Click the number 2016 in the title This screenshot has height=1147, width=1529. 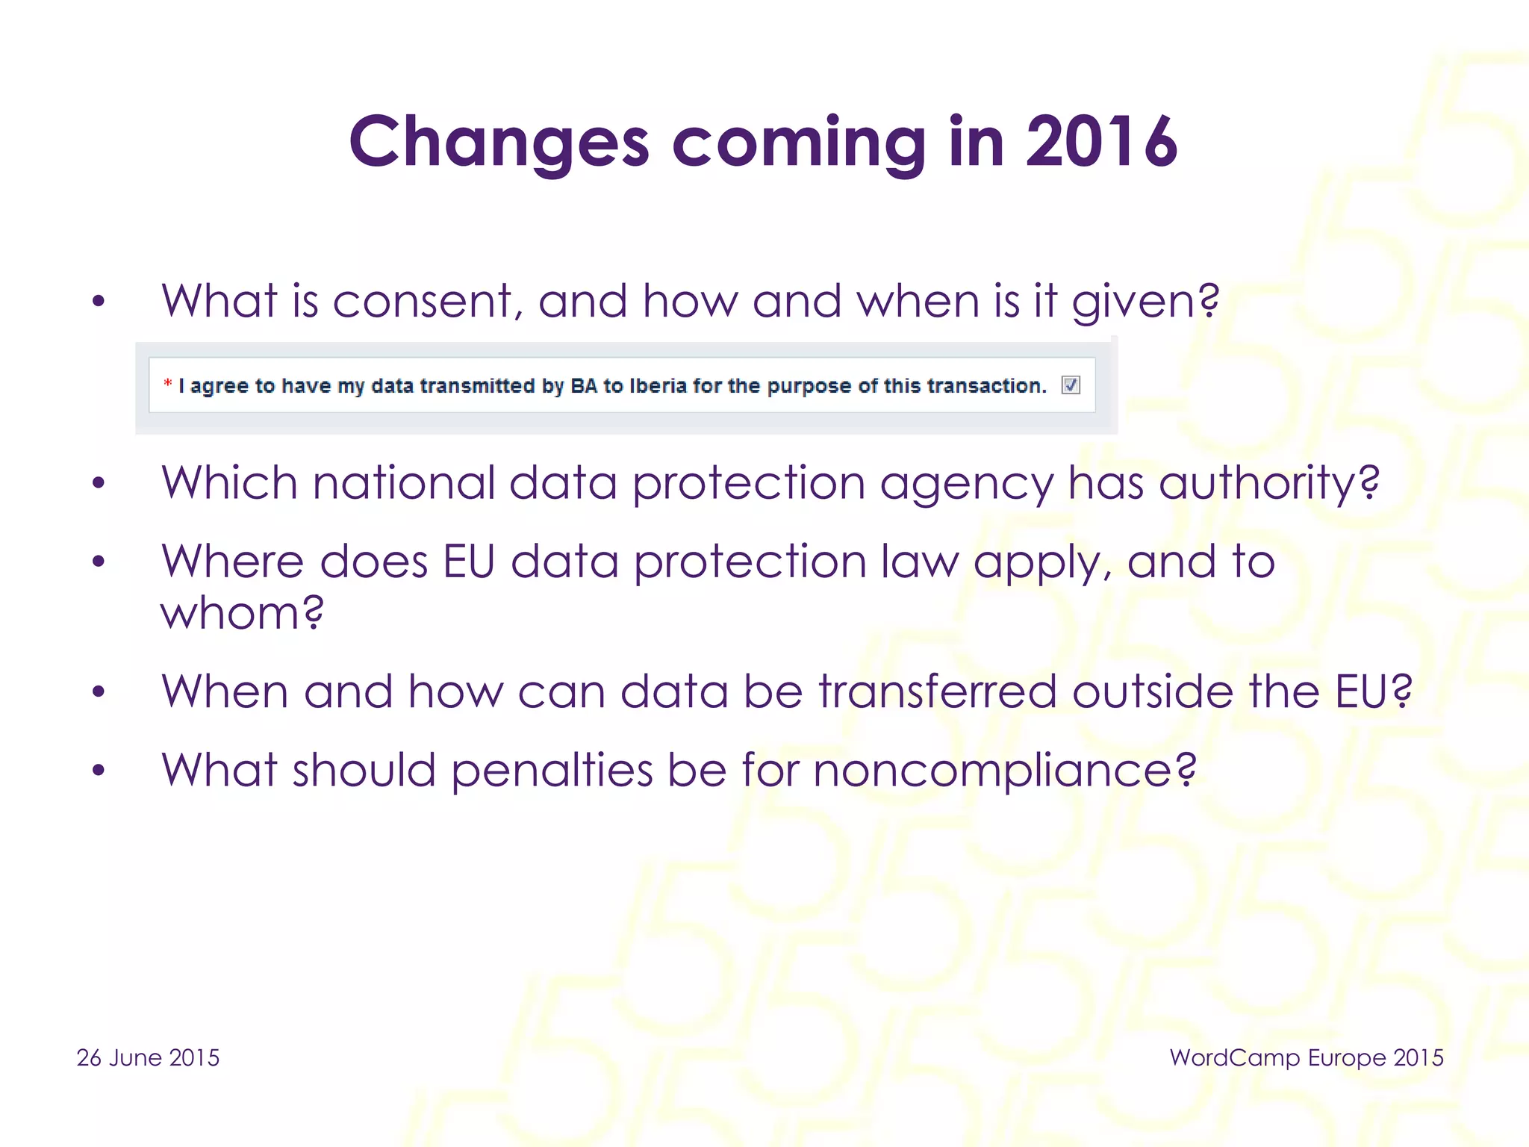(x=1101, y=142)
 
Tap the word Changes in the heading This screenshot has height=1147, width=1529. (x=499, y=143)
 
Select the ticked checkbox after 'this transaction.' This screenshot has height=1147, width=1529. (x=1071, y=385)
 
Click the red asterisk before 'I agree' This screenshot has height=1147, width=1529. (x=168, y=384)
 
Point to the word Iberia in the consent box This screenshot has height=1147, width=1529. (x=658, y=385)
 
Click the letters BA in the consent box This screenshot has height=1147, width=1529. (x=584, y=385)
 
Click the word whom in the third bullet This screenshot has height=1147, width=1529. (x=242, y=613)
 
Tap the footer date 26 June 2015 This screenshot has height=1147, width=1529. (x=148, y=1057)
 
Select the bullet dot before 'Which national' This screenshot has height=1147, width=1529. (x=99, y=483)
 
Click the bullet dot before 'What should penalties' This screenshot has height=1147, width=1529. (x=99, y=770)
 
